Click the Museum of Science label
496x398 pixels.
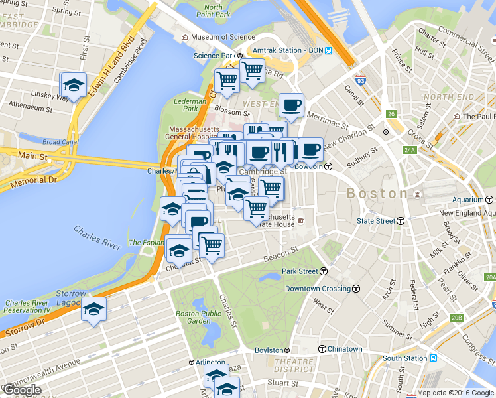pos(223,37)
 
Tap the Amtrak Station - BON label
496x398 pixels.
pos(289,50)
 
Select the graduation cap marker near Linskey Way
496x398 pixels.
pos(73,85)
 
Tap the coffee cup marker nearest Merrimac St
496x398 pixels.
pos(291,105)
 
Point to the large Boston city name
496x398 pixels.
pos(377,194)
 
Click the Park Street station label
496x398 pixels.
pos(300,271)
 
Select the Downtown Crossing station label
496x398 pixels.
pos(318,289)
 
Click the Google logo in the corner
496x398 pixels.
pos(21,390)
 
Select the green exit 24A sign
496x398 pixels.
pos(410,150)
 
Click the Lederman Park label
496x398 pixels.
pos(186,104)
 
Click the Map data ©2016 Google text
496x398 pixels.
pos(455,393)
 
